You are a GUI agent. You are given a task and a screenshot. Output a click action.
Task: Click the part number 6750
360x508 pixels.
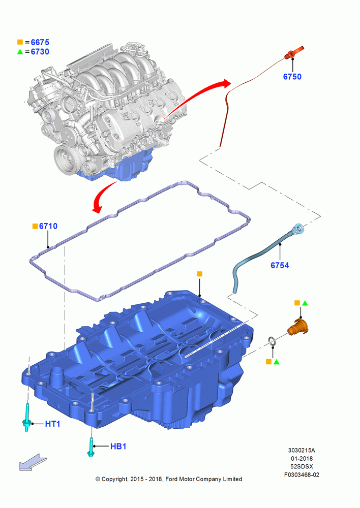292,77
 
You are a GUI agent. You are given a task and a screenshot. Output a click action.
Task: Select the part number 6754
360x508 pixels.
280,265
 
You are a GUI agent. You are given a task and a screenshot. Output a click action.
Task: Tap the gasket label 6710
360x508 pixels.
48,226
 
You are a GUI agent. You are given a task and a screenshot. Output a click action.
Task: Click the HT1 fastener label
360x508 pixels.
52,424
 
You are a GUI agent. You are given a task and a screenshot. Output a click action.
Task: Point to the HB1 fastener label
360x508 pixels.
118,447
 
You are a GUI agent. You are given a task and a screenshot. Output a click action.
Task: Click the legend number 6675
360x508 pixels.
40,42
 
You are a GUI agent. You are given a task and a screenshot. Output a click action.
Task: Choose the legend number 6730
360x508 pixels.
40,52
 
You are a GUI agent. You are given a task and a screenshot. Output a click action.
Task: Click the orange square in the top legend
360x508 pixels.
20,42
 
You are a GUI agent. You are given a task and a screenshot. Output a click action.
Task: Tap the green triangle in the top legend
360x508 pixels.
20,51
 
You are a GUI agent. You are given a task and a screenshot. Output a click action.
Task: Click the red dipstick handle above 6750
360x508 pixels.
294,53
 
